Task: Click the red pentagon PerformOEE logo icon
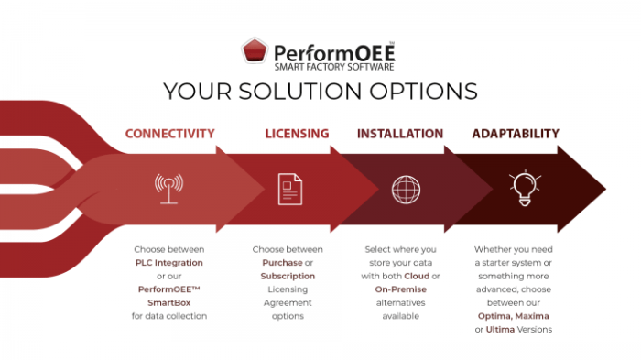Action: pos(255,50)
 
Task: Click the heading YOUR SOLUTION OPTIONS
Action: pos(320,91)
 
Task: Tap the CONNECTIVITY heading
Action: pos(170,134)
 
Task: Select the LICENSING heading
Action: pos(297,134)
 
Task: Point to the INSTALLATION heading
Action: pos(400,134)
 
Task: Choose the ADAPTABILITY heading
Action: pos(516,134)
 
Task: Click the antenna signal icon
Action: pos(168,188)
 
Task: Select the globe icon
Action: pos(404,190)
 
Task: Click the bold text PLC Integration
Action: pos(169,262)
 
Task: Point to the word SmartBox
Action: pos(168,302)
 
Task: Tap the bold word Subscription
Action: pos(288,276)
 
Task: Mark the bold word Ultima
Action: pos(501,330)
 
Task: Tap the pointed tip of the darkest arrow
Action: pos(603,190)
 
